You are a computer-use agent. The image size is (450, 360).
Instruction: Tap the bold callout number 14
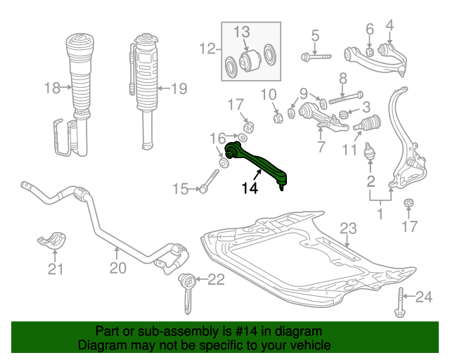pos(250,188)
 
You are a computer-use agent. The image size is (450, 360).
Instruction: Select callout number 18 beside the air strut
pos(52,88)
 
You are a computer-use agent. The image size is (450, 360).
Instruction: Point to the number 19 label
pos(179,89)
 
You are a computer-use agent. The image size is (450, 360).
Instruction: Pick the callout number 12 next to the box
pos(207,49)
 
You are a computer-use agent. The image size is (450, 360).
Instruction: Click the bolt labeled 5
pos(316,57)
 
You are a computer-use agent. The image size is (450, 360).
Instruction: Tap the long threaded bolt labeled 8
pos(346,98)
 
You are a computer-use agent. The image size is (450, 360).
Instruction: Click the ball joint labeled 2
pos(370,151)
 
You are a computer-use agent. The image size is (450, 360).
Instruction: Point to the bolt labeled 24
pos(400,302)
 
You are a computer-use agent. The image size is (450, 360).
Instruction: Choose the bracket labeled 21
pos(52,238)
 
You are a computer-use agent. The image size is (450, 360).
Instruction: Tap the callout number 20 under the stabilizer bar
pos(118,268)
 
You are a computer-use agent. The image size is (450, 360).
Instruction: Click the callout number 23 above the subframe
pos(348,229)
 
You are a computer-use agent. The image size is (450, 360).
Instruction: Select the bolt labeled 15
pos(210,181)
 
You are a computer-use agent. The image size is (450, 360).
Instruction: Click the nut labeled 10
pos(277,117)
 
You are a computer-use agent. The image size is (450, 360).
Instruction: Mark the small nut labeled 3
pos(343,115)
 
